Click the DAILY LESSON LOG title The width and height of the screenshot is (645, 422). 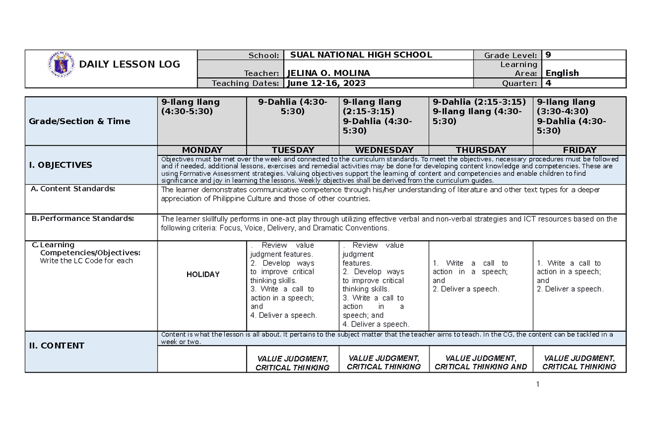click(130, 65)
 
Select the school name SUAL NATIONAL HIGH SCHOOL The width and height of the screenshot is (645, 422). click(361, 55)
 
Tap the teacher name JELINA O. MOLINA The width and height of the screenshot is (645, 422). click(329, 73)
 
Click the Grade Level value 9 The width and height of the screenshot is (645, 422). click(548, 55)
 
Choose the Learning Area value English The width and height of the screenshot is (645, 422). click(562, 73)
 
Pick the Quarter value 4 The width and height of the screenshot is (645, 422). click(548, 83)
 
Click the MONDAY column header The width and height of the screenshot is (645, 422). click(202, 150)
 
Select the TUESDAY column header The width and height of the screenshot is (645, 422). click(293, 150)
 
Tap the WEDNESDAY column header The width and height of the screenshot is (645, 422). click(384, 150)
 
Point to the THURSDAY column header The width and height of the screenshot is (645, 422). click(481, 150)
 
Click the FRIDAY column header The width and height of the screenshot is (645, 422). click(579, 150)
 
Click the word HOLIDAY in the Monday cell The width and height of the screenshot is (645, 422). click(203, 275)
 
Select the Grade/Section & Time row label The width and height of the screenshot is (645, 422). click(80, 121)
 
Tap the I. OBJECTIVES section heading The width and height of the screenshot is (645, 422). click(60, 165)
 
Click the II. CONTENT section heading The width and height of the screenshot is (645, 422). click(56, 346)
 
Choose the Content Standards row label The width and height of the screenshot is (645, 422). click(77, 189)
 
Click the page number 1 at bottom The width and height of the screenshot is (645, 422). click(536, 384)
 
